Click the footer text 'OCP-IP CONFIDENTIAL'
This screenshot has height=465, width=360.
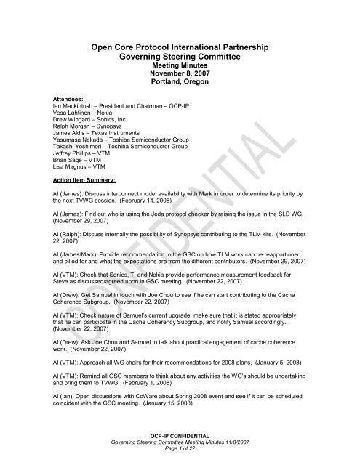click(179, 442)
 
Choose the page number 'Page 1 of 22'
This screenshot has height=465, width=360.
click(179, 456)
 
